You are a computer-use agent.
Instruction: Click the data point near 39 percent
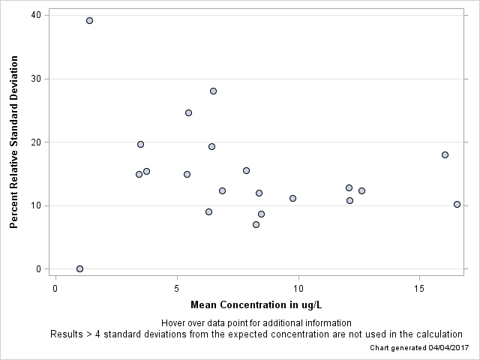click(89, 20)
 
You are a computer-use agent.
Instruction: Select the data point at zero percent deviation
click(79, 268)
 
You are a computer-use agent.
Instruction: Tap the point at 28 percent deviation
click(213, 91)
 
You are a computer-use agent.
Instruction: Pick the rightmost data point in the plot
click(457, 204)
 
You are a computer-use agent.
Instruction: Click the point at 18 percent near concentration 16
click(445, 154)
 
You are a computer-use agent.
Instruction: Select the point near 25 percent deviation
click(188, 112)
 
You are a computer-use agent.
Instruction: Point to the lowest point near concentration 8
click(256, 224)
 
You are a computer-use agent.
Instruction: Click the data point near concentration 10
click(292, 198)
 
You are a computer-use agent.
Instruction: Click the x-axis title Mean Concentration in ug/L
click(256, 304)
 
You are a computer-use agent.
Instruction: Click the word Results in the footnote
click(66, 334)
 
